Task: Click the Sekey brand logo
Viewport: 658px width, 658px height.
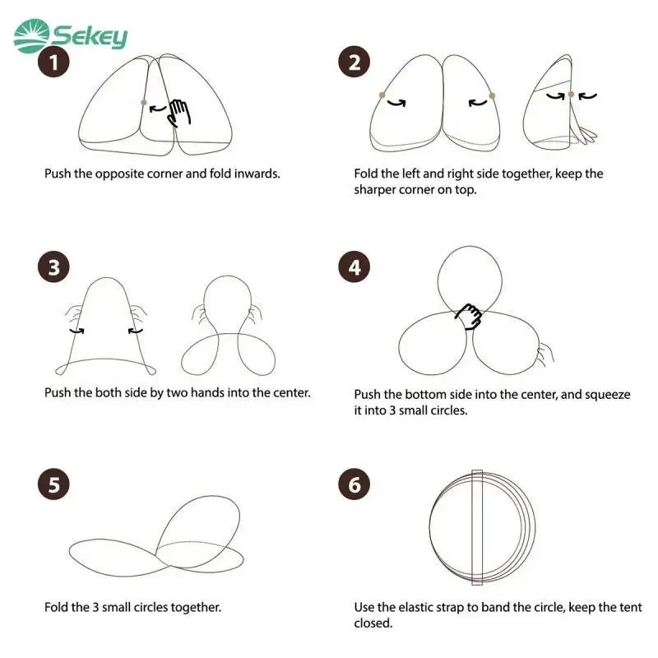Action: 70,35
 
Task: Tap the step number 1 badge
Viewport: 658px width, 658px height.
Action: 53,63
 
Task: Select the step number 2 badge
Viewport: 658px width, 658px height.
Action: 354,63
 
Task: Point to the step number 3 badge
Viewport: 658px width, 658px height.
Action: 53,266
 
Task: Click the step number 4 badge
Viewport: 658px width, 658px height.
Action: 354,266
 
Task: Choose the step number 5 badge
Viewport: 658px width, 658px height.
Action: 53,484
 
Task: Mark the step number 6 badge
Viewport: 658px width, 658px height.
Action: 354,484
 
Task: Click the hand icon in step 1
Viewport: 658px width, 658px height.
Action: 178,113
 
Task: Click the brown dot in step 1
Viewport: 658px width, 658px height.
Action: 144,102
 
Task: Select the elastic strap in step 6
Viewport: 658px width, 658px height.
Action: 477,527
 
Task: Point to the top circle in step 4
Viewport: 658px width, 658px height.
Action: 438,279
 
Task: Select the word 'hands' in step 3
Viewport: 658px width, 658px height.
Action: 207,392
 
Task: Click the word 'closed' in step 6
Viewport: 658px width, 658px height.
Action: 373,623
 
